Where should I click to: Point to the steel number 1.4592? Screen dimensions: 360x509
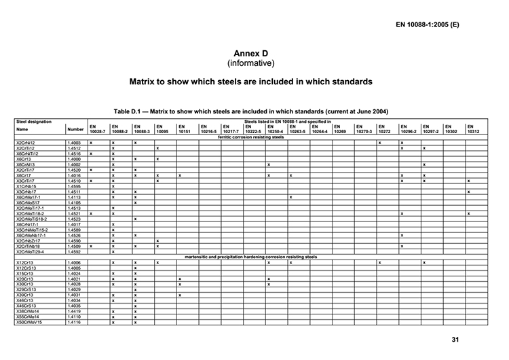click(75, 251)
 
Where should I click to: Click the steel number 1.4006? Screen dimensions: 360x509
click(75, 262)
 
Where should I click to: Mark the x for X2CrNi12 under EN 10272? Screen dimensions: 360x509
click(380, 143)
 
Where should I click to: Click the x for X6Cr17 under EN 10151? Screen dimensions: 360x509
click(180, 175)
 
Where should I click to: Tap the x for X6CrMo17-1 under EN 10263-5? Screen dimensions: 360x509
click(290, 197)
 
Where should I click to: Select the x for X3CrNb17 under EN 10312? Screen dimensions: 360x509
click(468, 192)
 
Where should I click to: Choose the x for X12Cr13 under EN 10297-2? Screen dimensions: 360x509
click(424, 262)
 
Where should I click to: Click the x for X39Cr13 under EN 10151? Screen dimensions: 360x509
click(180, 295)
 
